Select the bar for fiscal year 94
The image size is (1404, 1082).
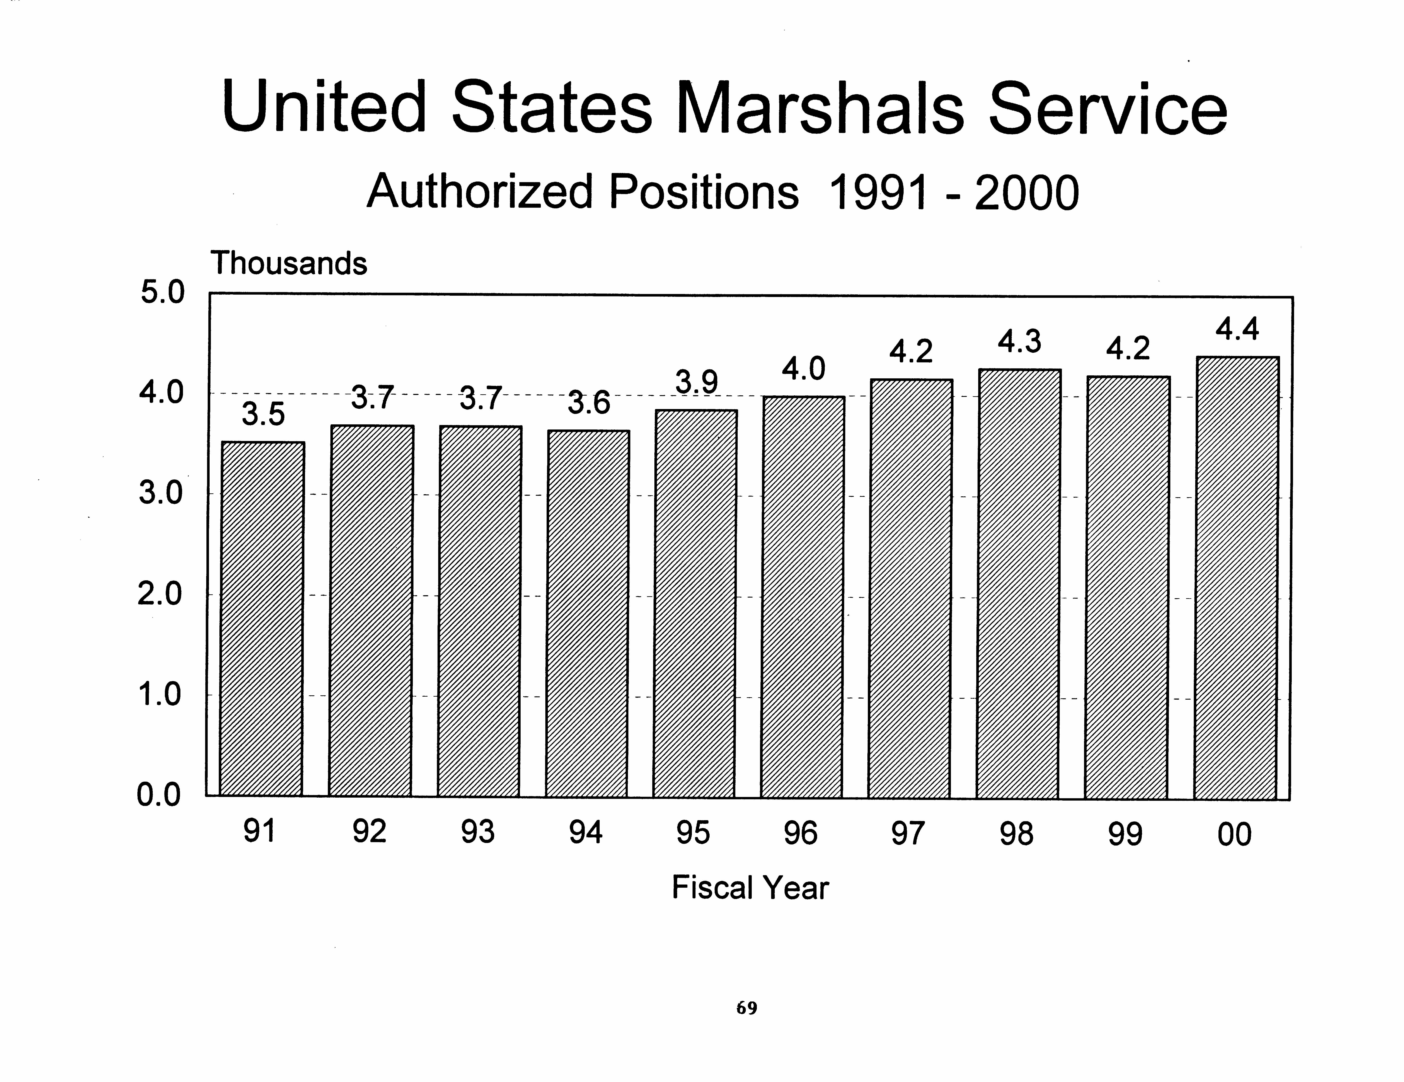(588, 614)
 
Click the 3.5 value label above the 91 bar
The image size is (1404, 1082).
(263, 414)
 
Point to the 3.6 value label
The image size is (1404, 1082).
(588, 403)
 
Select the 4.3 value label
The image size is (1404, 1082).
(1019, 341)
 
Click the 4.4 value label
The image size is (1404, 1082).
(1237, 329)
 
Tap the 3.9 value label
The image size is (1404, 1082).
(696, 383)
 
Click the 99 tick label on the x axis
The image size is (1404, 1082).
(1125, 834)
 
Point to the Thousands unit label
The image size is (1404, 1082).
(289, 263)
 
